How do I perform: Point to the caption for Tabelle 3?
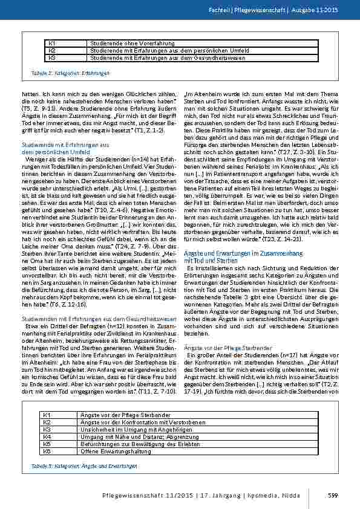[x=84, y=466]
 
